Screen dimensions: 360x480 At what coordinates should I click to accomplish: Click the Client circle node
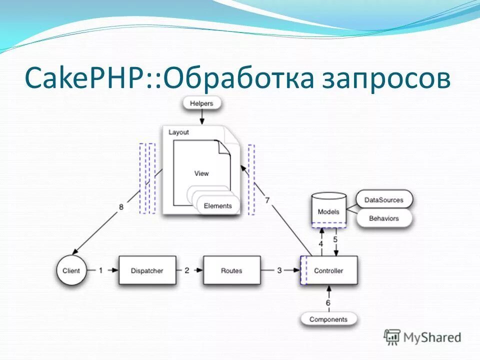(71, 270)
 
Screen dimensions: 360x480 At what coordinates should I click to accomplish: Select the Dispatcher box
(147, 270)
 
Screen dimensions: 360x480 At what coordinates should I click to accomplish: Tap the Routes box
(231, 270)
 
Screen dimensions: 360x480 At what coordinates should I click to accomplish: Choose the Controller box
(328, 270)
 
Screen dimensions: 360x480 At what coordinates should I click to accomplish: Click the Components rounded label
(328, 319)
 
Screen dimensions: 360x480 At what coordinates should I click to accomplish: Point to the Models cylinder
(328, 211)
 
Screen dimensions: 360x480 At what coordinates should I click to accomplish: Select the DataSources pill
(383, 200)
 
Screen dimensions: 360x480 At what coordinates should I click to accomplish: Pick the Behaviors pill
(383, 218)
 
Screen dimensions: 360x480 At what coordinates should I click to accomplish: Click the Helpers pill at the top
(201, 103)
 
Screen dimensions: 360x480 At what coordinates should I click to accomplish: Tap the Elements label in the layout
(218, 205)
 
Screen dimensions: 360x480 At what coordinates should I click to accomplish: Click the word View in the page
(201, 173)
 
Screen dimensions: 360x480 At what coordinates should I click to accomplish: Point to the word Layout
(178, 132)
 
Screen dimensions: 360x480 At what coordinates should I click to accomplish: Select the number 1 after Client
(100, 270)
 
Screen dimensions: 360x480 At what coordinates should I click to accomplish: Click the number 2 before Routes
(186, 270)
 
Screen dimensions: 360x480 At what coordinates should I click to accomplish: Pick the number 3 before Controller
(279, 270)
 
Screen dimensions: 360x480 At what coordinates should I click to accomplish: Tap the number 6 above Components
(328, 302)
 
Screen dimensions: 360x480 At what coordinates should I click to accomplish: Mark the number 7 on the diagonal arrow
(267, 200)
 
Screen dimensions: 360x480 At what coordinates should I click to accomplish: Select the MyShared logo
(422, 337)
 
